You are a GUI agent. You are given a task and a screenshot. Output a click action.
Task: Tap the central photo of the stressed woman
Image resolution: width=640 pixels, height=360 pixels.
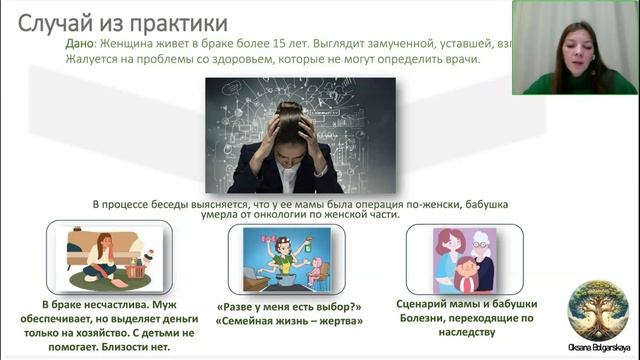tap(300, 135)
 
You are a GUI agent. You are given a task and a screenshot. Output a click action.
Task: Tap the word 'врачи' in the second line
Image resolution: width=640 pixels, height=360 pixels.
tap(459, 59)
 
